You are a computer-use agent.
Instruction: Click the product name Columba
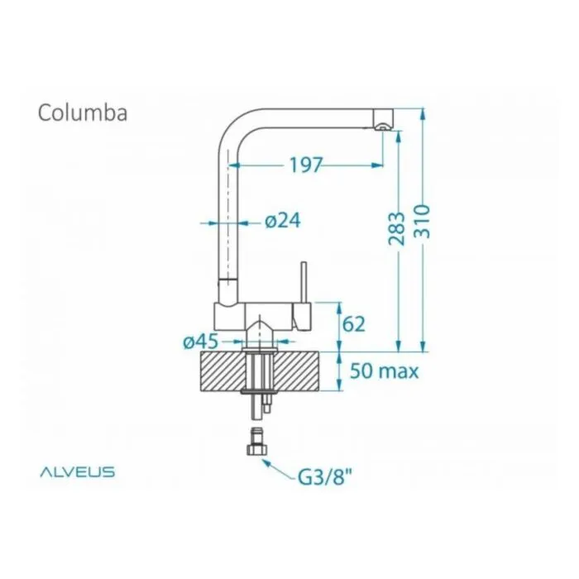[83, 112]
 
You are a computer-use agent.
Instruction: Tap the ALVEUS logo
[78, 471]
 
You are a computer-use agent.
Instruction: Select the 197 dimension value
[306, 165]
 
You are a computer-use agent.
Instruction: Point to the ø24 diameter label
[283, 221]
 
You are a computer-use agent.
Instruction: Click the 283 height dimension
[397, 228]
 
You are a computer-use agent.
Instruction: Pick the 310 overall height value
[422, 222]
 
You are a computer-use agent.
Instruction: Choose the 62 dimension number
[354, 324]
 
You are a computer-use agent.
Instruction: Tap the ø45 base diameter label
[201, 342]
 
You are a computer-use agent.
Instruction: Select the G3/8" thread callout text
[325, 477]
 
